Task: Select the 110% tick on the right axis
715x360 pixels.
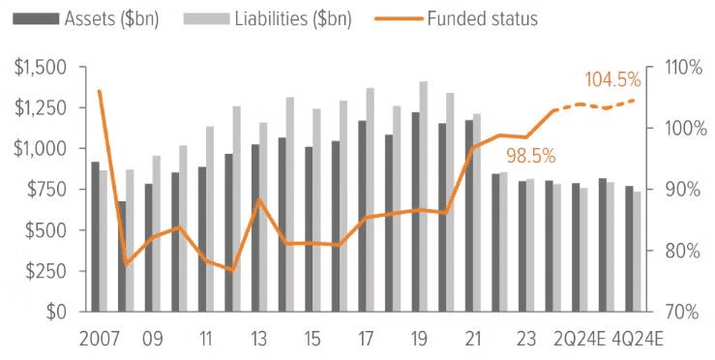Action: [682, 68]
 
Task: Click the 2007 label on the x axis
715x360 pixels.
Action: [100, 340]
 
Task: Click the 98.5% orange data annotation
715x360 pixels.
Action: [528, 155]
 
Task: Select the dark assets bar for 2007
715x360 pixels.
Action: [95, 237]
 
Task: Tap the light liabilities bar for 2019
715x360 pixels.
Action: [424, 196]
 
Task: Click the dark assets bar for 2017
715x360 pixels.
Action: [362, 216]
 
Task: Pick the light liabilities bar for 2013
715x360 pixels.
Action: [263, 217]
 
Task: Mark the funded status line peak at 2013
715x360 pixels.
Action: [259, 199]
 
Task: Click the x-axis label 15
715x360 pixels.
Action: [312, 340]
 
